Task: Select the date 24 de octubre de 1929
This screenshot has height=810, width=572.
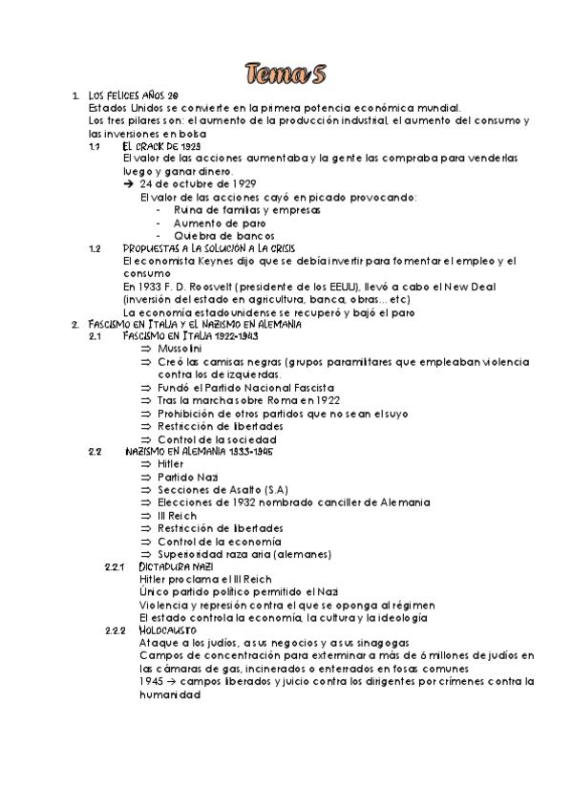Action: tap(199, 183)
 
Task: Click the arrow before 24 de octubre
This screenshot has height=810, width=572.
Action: tap(130, 183)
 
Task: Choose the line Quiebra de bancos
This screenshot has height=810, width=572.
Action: tap(223, 235)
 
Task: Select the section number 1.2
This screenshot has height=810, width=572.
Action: tap(95, 247)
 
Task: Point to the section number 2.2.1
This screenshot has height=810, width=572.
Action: tap(114, 566)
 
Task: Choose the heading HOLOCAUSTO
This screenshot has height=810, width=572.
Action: tap(168, 630)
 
